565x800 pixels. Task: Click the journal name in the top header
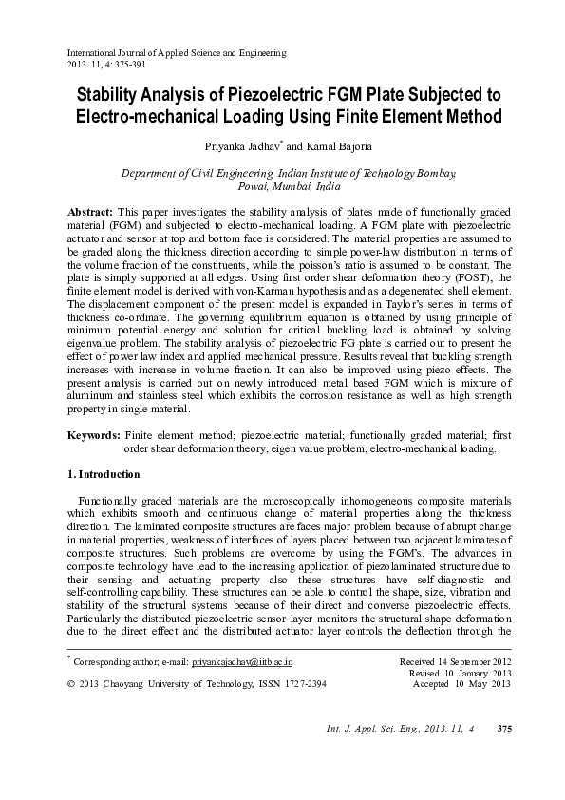[x=176, y=53]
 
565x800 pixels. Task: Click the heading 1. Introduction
[x=104, y=474]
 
